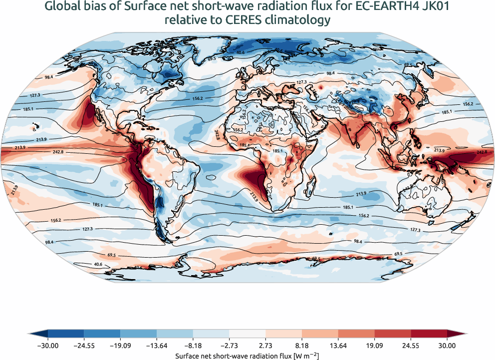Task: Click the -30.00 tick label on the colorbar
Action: click(48, 345)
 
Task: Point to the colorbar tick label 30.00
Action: click(447, 345)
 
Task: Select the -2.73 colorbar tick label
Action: click(230, 345)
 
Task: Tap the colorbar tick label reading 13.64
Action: click(338, 345)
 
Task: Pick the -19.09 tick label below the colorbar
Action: click(121, 345)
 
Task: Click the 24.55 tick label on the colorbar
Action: click(411, 345)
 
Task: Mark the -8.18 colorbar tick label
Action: click(193, 345)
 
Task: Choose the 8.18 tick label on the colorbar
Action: click(302, 345)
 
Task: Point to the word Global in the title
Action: click(61, 6)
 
